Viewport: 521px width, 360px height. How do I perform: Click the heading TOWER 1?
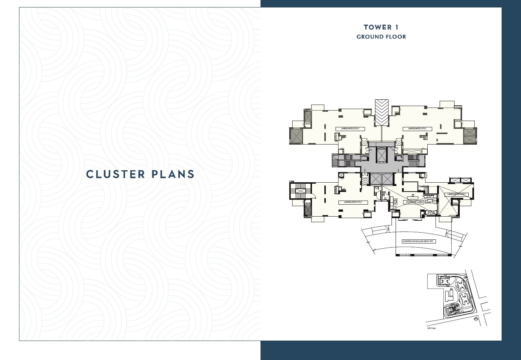(x=381, y=27)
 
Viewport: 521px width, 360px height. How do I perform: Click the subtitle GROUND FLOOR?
(x=381, y=37)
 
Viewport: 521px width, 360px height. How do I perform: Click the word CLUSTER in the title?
(x=115, y=174)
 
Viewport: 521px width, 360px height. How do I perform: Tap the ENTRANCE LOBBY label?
(x=414, y=202)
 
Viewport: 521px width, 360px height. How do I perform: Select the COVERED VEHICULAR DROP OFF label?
(x=418, y=241)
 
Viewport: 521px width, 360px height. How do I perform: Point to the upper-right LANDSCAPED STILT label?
(x=417, y=129)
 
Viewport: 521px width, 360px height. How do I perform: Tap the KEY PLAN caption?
(x=431, y=329)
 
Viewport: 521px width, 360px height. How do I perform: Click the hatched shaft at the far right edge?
(x=469, y=136)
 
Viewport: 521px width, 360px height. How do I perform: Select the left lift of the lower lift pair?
(x=375, y=179)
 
